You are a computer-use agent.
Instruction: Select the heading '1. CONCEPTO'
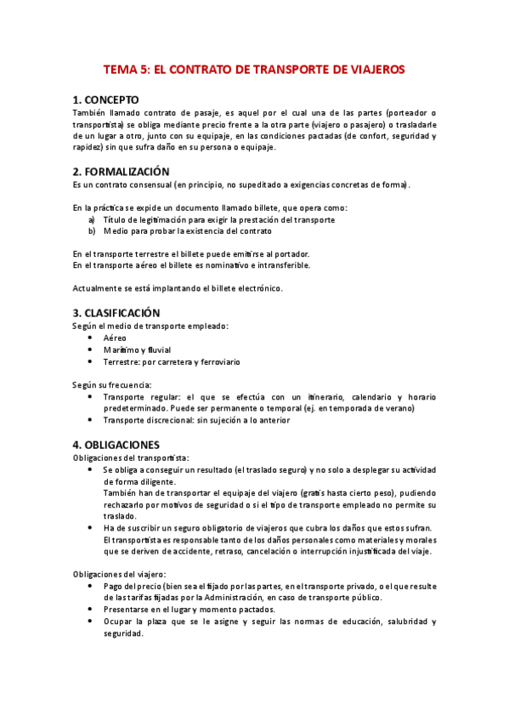(x=106, y=99)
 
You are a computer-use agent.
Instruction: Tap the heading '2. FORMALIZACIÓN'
(x=121, y=172)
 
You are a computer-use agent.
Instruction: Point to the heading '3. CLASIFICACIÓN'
(x=116, y=313)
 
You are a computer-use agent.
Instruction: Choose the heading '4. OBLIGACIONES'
(x=116, y=445)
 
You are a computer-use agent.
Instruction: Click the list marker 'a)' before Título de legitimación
(x=91, y=219)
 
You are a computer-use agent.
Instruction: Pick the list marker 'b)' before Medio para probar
(x=91, y=230)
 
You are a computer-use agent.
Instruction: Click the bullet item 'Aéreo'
(x=115, y=338)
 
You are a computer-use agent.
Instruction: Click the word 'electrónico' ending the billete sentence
(x=258, y=287)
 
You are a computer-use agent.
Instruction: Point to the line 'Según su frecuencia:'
(x=112, y=385)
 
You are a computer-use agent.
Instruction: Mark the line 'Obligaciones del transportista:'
(x=131, y=457)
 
